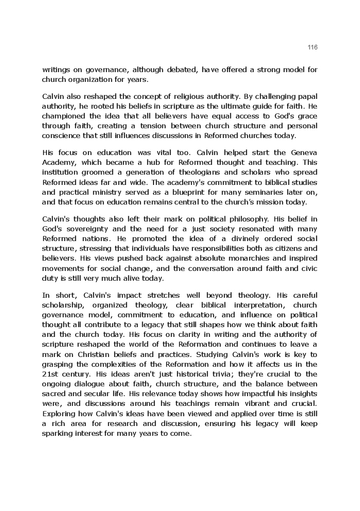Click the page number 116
point(313,47)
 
